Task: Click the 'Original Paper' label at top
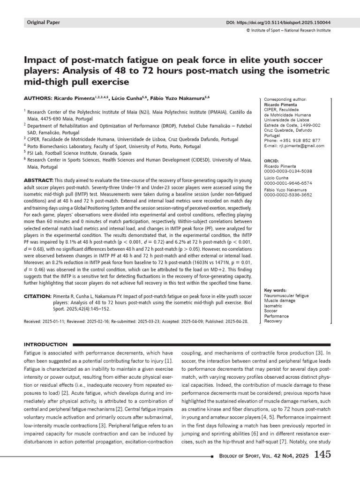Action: [x=44, y=22]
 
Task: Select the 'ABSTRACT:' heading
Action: [x=38, y=180]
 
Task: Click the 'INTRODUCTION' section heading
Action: [x=45, y=344]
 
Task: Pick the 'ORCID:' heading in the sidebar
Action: [x=272, y=161]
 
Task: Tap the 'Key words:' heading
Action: [x=276, y=290]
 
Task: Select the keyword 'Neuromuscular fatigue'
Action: [x=286, y=296]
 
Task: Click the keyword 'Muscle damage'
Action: [x=280, y=301]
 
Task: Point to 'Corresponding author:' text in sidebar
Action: [x=286, y=100]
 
